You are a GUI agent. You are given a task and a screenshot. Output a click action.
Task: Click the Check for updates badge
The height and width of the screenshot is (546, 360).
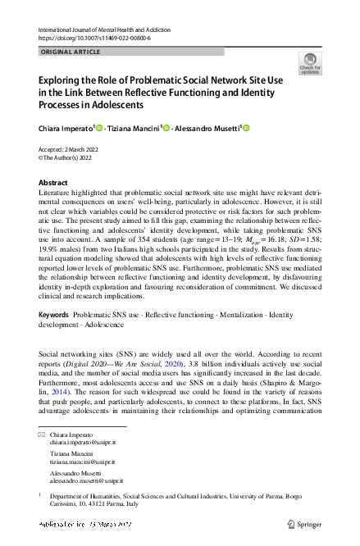pos(310,63)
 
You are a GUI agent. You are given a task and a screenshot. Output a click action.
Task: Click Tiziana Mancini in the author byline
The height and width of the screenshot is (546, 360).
pos(134,129)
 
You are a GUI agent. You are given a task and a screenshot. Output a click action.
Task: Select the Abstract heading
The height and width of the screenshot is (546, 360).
pos(54,182)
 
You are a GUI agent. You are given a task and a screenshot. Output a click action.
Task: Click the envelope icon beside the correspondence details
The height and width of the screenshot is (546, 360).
pos(42,434)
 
